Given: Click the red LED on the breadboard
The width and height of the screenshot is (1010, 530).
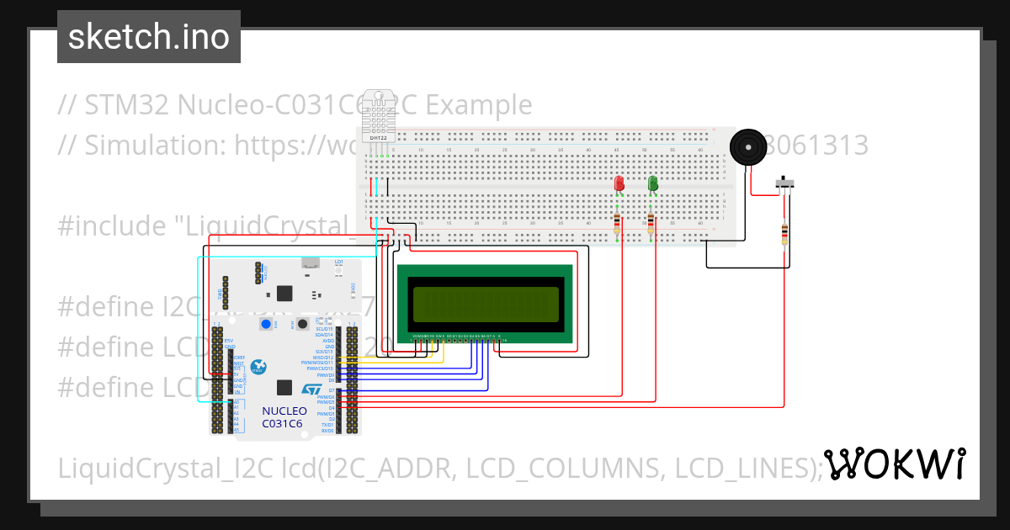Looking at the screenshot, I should (619, 183).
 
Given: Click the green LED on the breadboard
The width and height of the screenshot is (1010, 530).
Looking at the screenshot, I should (653, 183).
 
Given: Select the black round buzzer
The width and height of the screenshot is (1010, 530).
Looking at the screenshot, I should (748, 147).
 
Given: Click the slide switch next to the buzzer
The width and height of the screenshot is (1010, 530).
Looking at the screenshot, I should (786, 183).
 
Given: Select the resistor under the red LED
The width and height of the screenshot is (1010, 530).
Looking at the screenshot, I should (617, 223).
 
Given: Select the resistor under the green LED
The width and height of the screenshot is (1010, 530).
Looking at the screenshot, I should (651, 223).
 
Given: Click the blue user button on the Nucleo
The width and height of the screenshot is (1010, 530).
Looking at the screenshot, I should (266, 325).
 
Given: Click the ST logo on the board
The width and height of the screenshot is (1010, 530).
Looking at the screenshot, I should (311, 391).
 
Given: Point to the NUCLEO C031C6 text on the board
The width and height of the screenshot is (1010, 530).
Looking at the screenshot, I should (284, 416).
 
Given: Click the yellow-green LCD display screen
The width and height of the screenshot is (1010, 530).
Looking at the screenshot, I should (486, 305).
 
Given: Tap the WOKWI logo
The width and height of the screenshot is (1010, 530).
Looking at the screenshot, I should (894, 464).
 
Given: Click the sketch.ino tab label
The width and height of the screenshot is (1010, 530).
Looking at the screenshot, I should (149, 38).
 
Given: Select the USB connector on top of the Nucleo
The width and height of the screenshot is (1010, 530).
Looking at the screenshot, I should (311, 263).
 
